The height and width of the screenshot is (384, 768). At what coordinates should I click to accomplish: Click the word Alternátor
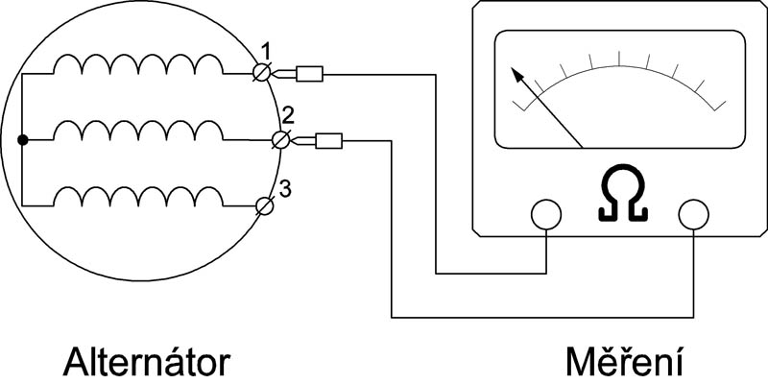click(148, 362)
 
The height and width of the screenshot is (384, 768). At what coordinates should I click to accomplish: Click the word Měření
click(622, 362)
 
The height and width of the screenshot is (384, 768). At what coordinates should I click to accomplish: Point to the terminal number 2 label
click(285, 116)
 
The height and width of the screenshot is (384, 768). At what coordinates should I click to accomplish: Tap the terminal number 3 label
click(285, 185)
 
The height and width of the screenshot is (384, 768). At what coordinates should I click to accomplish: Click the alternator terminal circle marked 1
click(261, 73)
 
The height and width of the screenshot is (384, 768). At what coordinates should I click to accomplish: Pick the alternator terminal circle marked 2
click(280, 140)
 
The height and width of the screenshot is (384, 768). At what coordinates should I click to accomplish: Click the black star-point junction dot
click(22, 140)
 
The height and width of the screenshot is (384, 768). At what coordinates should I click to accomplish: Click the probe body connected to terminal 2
click(329, 141)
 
